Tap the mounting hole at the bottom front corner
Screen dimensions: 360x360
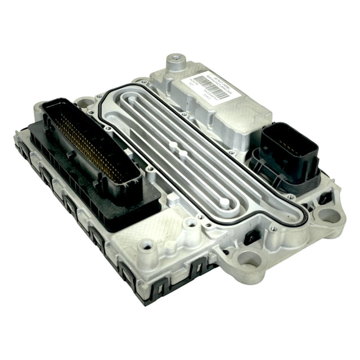248,259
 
